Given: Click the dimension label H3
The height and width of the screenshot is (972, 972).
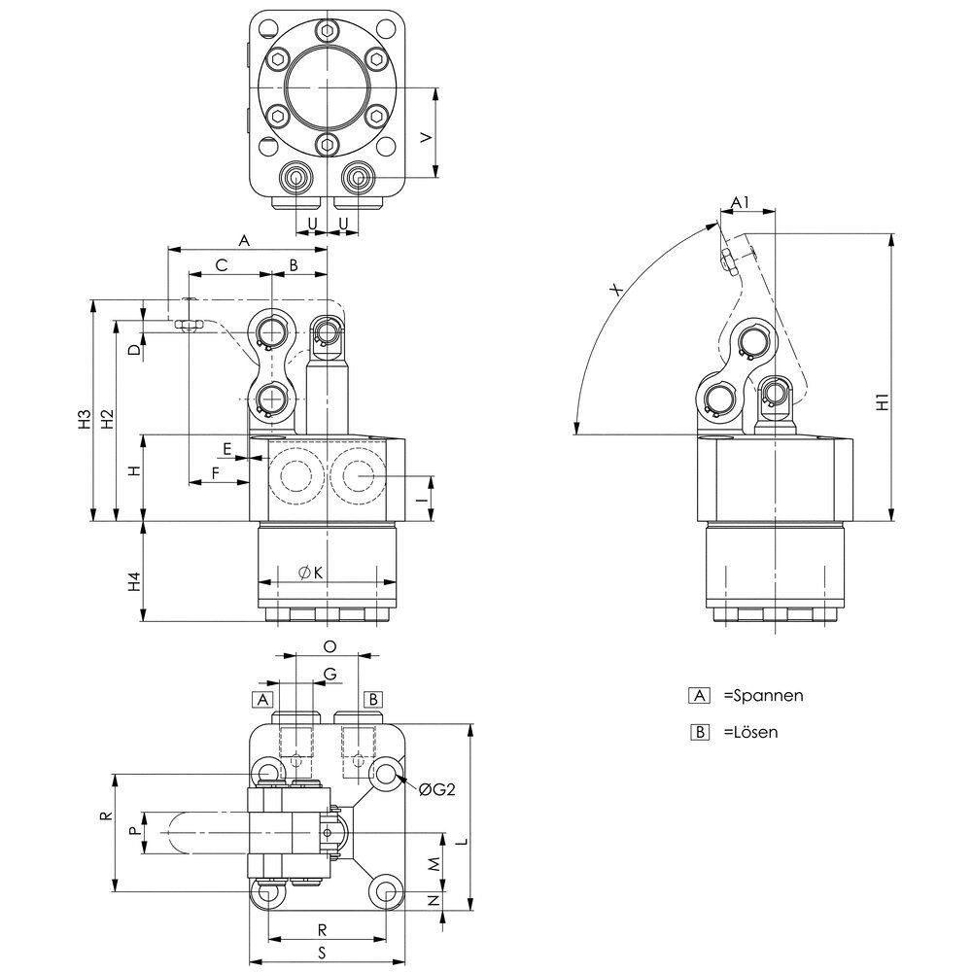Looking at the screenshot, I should (x=85, y=420).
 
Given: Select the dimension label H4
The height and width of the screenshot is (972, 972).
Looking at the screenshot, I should (x=136, y=582).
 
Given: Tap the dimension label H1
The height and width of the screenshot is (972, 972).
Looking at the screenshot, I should (x=882, y=401).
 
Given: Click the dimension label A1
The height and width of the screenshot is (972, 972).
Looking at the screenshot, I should (x=741, y=202).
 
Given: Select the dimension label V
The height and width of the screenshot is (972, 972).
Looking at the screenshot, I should (x=424, y=138).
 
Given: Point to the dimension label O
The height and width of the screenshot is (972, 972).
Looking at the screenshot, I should (x=329, y=645).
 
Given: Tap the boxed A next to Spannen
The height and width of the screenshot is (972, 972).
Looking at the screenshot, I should (x=697, y=696).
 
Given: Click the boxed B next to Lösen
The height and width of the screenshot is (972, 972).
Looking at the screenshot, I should (x=697, y=732).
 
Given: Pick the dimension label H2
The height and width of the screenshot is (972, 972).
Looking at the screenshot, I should (x=108, y=420).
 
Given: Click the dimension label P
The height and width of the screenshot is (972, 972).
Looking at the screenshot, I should (x=135, y=832).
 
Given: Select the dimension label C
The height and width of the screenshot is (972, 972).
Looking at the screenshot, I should (x=222, y=263).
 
